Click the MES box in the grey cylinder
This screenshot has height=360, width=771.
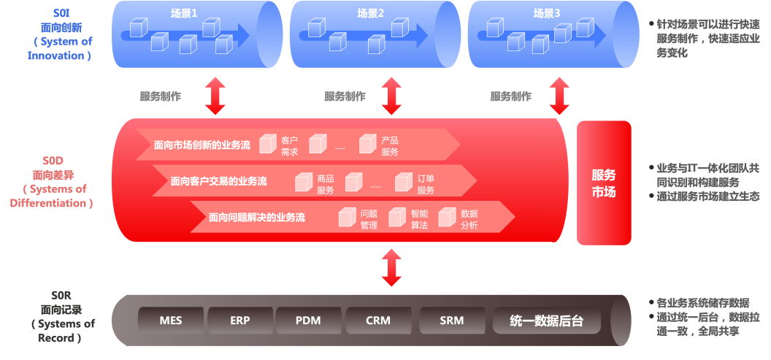coord(171,321)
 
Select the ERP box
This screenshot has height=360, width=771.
coord(240,321)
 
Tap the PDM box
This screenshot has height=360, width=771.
coord(308,321)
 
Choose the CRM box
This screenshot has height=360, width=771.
coord(378,321)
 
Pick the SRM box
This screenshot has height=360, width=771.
coord(452,321)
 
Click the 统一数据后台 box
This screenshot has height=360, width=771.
coord(547,321)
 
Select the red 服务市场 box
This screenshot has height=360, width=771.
coord(604,183)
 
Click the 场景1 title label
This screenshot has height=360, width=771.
coord(184,14)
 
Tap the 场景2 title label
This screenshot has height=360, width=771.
coord(370,14)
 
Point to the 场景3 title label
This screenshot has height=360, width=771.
coord(547,14)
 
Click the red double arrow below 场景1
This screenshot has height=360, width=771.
coord(215,96)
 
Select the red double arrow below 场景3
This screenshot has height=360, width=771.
coord(559,96)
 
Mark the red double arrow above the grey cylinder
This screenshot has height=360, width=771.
coord(391,267)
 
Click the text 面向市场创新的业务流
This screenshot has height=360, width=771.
coord(202,145)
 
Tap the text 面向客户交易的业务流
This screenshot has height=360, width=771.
coord(219,181)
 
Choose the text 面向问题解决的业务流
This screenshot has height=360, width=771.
coord(257,217)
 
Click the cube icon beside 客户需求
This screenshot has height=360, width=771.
coord(268,144)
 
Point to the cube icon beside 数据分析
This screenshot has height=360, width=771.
coord(447,218)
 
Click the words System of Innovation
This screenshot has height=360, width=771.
coord(59,49)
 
